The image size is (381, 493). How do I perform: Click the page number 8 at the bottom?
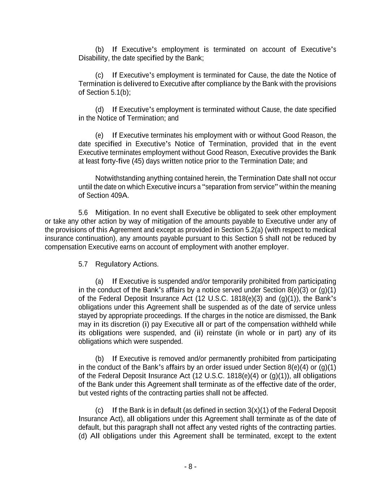tap(190, 467)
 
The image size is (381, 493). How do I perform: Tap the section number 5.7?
tap(83, 264)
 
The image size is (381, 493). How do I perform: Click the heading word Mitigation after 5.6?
tap(112, 212)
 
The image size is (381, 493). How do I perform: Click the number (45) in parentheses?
tap(138, 161)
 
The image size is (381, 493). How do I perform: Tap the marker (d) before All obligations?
tap(83, 436)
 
